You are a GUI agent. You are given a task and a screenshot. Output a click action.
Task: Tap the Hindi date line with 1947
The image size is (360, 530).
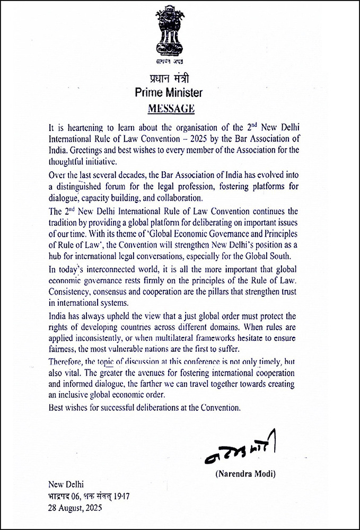(89, 496)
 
